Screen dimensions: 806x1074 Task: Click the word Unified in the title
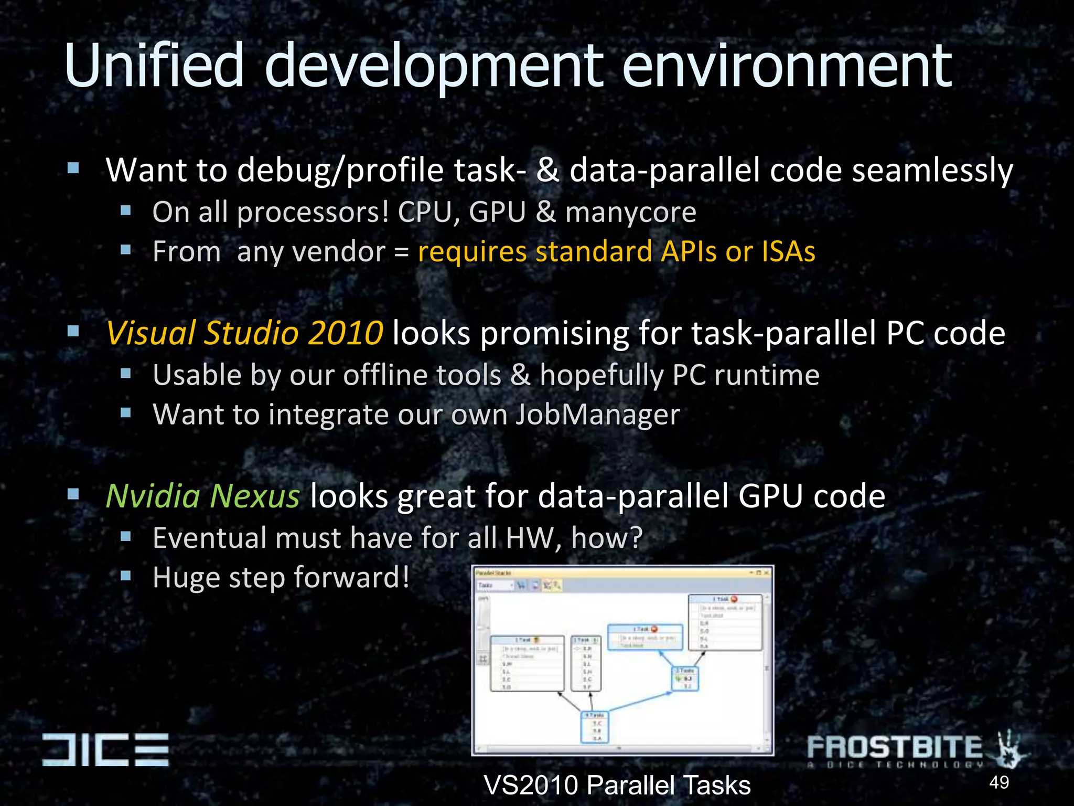click(x=154, y=66)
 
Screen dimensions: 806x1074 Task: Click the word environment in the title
click(x=787, y=66)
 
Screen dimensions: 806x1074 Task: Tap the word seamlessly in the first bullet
click(x=932, y=171)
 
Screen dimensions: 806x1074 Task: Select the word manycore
click(x=630, y=213)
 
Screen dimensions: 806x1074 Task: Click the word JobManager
click(x=597, y=415)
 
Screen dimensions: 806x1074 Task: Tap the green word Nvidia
click(x=153, y=496)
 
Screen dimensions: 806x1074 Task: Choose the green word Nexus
click(x=255, y=496)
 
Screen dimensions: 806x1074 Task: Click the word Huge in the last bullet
click(x=186, y=578)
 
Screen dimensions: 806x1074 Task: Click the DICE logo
click(x=105, y=749)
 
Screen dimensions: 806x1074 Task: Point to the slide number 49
click(x=999, y=782)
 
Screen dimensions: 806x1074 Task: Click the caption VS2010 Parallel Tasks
click(x=617, y=786)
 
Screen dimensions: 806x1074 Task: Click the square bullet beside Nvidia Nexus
click(x=73, y=494)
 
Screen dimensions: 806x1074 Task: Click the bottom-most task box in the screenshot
click(x=595, y=727)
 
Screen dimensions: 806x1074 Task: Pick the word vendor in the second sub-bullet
click(x=311, y=251)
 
